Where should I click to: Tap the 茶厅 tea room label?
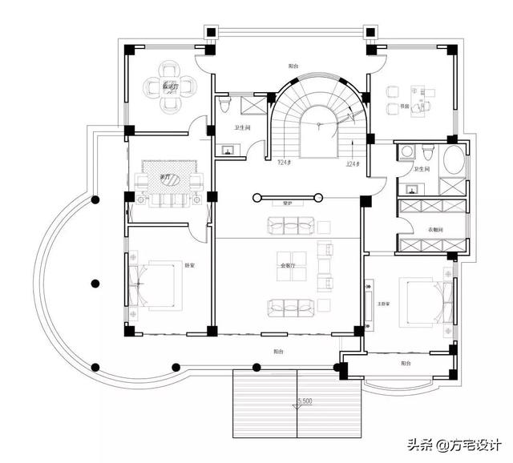[165, 177]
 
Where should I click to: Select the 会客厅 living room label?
[286, 265]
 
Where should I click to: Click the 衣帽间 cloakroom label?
[431, 230]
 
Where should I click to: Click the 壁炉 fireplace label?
[286, 203]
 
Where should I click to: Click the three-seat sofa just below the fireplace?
[286, 228]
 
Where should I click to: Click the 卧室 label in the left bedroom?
[190, 264]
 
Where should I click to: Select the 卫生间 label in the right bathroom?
[422, 170]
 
